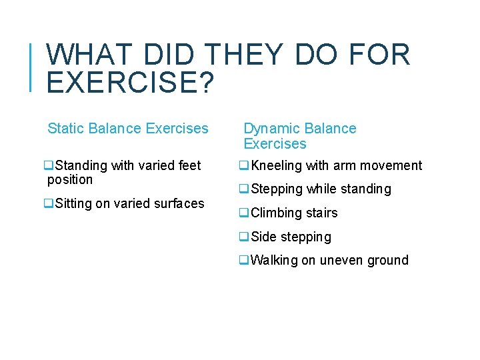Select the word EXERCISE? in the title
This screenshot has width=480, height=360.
point(129,83)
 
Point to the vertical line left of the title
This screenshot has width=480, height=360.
point(32,66)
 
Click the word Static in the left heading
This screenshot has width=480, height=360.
point(65,128)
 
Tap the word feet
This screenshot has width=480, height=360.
point(187,165)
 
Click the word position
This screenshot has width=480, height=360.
point(70,179)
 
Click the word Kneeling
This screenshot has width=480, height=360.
point(277,165)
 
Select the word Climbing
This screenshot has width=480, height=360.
point(275,213)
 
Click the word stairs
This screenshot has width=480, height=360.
point(321,213)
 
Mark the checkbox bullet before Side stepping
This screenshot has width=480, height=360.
point(244,237)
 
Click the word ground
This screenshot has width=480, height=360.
point(389,260)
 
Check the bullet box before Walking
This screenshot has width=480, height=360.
point(244,260)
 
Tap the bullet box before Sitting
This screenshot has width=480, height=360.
point(48,203)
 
